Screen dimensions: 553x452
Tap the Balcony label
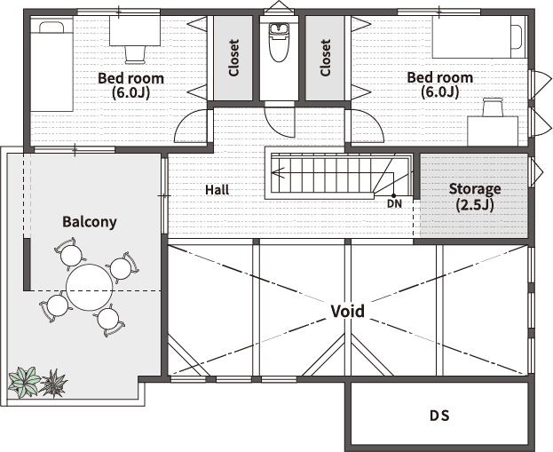click(x=90, y=222)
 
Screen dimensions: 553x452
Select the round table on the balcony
click(x=90, y=287)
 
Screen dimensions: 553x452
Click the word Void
click(x=348, y=311)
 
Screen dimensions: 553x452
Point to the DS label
click(x=439, y=416)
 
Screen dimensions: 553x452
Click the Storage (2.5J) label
click(x=475, y=196)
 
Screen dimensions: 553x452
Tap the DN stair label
click(x=394, y=203)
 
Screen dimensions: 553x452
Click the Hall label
click(x=217, y=190)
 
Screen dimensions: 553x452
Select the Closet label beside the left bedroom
click(x=233, y=58)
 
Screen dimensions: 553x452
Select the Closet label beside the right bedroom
click(x=326, y=58)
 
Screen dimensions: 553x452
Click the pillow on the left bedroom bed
click(x=51, y=28)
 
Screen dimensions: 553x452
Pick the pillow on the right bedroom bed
click(x=516, y=36)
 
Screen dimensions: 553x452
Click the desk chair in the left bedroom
click(x=136, y=55)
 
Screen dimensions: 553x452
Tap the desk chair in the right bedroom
click(x=493, y=107)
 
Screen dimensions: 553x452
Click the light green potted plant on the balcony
click(x=24, y=382)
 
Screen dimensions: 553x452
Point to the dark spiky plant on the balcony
click(x=53, y=384)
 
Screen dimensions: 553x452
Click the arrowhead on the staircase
click(x=277, y=173)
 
